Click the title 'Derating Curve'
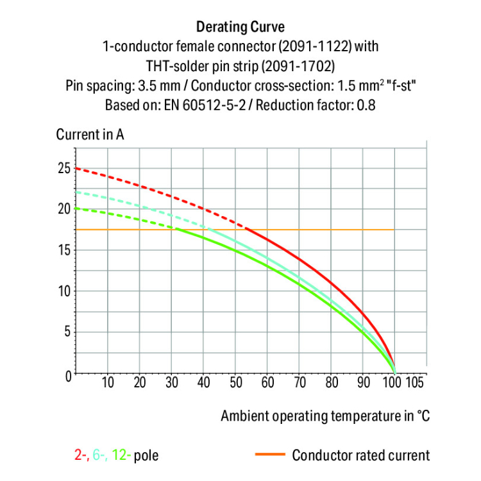point(240,27)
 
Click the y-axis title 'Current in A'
point(90,135)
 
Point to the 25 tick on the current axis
point(63,168)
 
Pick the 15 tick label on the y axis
point(63,250)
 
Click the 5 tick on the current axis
point(67,333)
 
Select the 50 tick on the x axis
point(235,384)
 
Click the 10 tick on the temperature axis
point(108,384)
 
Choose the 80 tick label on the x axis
point(331,384)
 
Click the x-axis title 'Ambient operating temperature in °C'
point(325,416)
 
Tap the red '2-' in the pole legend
point(80,456)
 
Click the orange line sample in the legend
point(270,455)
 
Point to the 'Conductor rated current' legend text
point(361,456)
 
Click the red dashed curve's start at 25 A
point(76,168)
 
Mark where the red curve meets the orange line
point(246,230)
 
